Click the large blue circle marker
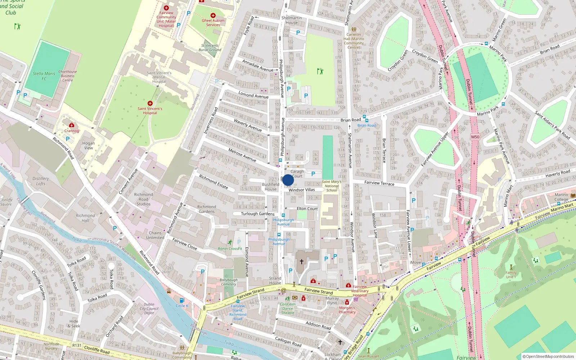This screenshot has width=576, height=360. pyautogui.click(x=288, y=180)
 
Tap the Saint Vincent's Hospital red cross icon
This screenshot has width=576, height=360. pyautogui.click(x=150, y=103)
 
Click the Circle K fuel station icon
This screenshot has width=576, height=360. pyautogui.click(x=182, y=300)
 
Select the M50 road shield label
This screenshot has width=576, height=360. pyautogui.click(x=475, y=137)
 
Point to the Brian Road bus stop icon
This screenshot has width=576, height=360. pyautogui.click(x=365, y=117)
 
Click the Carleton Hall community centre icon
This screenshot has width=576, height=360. pyautogui.click(x=354, y=30)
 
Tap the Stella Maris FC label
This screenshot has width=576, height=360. pyautogui.click(x=44, y=76)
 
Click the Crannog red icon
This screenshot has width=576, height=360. pyautogui.click(x=72, y=125)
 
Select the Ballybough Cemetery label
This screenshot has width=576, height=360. pyautogui.click(x=229, y=282)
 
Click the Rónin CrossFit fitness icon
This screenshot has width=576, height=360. pyautogui.click(x=230, y=243)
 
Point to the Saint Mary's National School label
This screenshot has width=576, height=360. pyautogui.click(x=332, y=186)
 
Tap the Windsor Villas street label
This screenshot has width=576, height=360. pyautogui.click(x=302, y=190)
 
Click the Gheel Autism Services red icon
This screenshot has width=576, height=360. pyautogui.click(x=213, y=15)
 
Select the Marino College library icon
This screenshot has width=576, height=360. pyautogui.click(x=573, y=195)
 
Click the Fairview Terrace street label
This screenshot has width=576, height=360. pyautogui.click(x=379, y=183)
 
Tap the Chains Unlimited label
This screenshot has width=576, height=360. pyautogui.click(x=155, y=235)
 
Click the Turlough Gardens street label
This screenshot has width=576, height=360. pyautogui.click(x=257, y=213)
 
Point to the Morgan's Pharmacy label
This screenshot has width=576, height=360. pyautogui.click(x=347, y=310)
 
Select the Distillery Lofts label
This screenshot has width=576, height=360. pyautogui.click(x=41, y=181)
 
